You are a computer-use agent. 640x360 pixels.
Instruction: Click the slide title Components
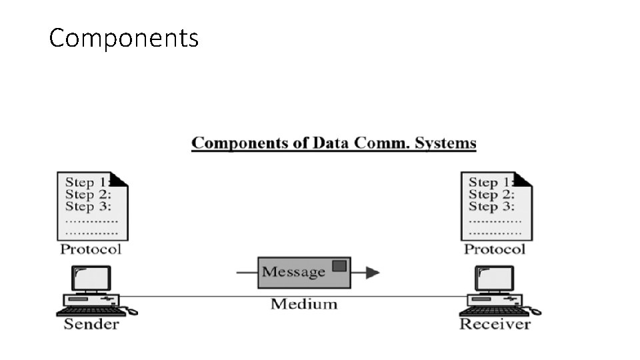tap(124, 38)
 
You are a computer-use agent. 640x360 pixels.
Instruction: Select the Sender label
tap(91, 325)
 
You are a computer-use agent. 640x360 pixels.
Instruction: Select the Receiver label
tap(495, 325)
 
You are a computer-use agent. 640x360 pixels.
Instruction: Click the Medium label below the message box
tap(304, 304)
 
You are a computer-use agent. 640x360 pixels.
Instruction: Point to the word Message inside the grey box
tap(293, 272)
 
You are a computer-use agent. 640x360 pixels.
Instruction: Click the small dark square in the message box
tap(339, 265)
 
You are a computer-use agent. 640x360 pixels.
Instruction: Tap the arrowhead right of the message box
tap(373, 272)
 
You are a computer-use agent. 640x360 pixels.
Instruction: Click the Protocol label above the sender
tap(91, 249)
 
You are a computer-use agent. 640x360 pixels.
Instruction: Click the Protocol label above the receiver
tap(495, 249)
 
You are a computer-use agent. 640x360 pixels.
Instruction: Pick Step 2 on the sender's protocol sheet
tap(87, 195)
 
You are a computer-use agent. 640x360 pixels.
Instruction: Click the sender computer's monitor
tap(91, 278)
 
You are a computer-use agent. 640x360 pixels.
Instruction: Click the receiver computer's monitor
tap(495, 278)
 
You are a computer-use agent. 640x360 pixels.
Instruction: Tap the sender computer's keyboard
tap(90, 311)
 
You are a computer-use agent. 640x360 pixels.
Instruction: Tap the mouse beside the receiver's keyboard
tap(535, 311)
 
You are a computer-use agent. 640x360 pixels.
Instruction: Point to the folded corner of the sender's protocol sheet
tap(119, 179)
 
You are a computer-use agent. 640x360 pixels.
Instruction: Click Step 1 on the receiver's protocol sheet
tap(490, 182)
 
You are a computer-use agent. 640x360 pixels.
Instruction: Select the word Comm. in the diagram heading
tap(386, 143)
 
